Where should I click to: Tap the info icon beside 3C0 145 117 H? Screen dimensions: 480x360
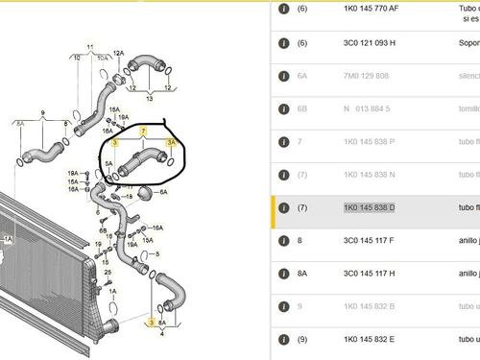(x=283, y=274)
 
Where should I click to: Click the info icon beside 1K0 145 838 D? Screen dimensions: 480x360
(x=283, y=208)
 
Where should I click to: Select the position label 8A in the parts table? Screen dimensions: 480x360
(x=302, y=274)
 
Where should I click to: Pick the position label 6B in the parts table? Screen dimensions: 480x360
(x=302, y=109)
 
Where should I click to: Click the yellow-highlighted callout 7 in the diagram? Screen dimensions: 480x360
(x=144, y=130)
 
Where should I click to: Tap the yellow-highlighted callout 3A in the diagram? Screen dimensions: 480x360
(x=171, y=142)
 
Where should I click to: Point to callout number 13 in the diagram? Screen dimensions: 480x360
(x=149, y=97)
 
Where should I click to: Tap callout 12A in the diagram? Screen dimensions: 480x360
(x=119, y=54)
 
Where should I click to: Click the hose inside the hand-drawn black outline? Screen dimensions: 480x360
(x=142, y=159)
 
